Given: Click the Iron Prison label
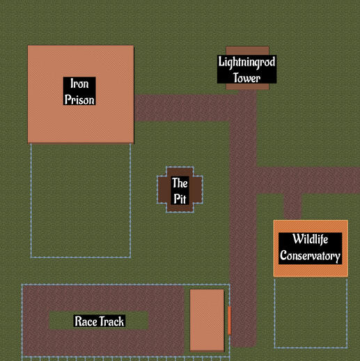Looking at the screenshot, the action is coord(79,91).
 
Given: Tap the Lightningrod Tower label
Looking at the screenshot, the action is coord(246,69).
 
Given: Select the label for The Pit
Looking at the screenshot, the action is coord(180,190).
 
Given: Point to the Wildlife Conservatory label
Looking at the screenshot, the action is coord(310,248).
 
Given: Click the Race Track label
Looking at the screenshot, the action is coord(100,321).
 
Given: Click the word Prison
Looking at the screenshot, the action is coord(79,100).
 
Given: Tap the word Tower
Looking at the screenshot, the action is coord(246,77).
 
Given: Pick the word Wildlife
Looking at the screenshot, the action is coord(310,239).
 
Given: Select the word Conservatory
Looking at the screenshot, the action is coord(310,256).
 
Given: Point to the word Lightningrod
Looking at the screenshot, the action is coord(246,62).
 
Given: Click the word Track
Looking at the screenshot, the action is coord(112,321).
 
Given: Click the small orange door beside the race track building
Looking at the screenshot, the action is coord(229,321).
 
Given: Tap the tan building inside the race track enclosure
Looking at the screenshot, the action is coord(207,320).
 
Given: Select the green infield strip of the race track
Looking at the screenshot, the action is coord(99,321).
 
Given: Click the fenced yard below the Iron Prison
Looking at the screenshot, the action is coord(81,201).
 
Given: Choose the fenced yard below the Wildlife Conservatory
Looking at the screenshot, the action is coord(311,313).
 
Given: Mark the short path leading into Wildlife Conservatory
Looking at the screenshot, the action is coord(292,206).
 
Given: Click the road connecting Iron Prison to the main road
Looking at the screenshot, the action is coord(182,108).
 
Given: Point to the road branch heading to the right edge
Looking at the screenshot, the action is coord(308,180).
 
